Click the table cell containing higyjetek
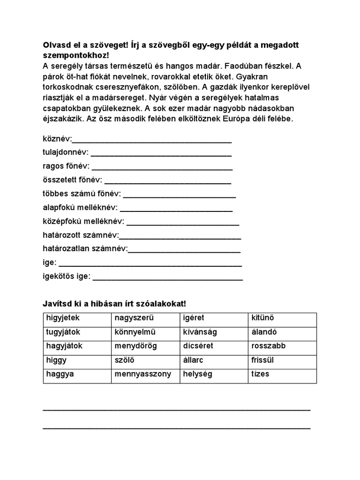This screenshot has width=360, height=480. click(x=77, y=318)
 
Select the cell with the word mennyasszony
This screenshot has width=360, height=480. click(x=145, y=375)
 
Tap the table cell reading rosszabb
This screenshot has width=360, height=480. click(x=282, y=346)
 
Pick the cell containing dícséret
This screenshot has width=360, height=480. click(x=214, y=346)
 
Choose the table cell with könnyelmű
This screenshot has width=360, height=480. click(x=145, y=332)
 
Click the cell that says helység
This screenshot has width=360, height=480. click(x=214, y=375)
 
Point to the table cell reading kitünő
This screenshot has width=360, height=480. click(x=282, y=318)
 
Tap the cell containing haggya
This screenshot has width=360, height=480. click(x=77, y=375)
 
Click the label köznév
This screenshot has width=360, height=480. click(x=57, y=139)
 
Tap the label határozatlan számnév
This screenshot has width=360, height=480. click(x=85, y=249)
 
